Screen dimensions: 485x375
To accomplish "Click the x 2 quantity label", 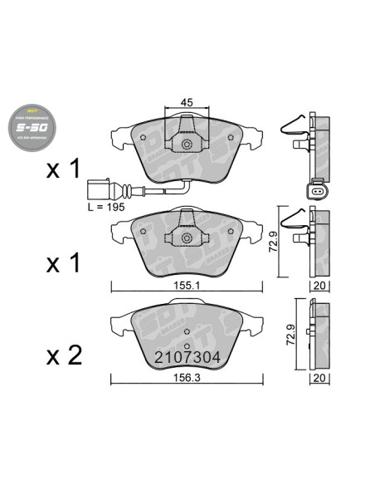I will (63, 356).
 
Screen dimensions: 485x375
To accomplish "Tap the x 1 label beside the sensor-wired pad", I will (63, 170).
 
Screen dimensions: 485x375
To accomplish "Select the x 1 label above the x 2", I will (63, 263).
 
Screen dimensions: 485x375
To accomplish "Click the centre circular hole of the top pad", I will (187, 146).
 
